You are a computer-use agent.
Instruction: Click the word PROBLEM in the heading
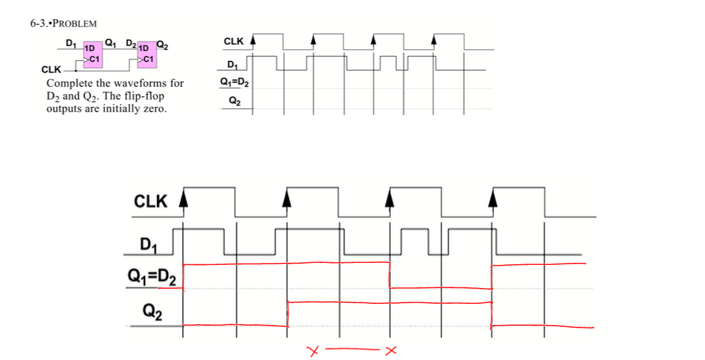click(x=74, y=24)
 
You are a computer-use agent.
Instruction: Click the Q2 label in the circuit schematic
click(x=162, y=46)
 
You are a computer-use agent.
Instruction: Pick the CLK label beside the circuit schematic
click(x=50, y=69)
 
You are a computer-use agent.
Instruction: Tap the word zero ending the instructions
click(x=154, y=108)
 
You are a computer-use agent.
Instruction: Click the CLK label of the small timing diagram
click(x=234, y=42)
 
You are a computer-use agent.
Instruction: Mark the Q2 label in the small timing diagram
click(x=234, y=101)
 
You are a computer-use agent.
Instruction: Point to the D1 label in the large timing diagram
click(x=151, y=246)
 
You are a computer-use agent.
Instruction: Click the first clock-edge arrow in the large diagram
click(x=184, y=197)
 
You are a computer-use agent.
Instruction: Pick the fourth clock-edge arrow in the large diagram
click(x=492, y=197)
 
